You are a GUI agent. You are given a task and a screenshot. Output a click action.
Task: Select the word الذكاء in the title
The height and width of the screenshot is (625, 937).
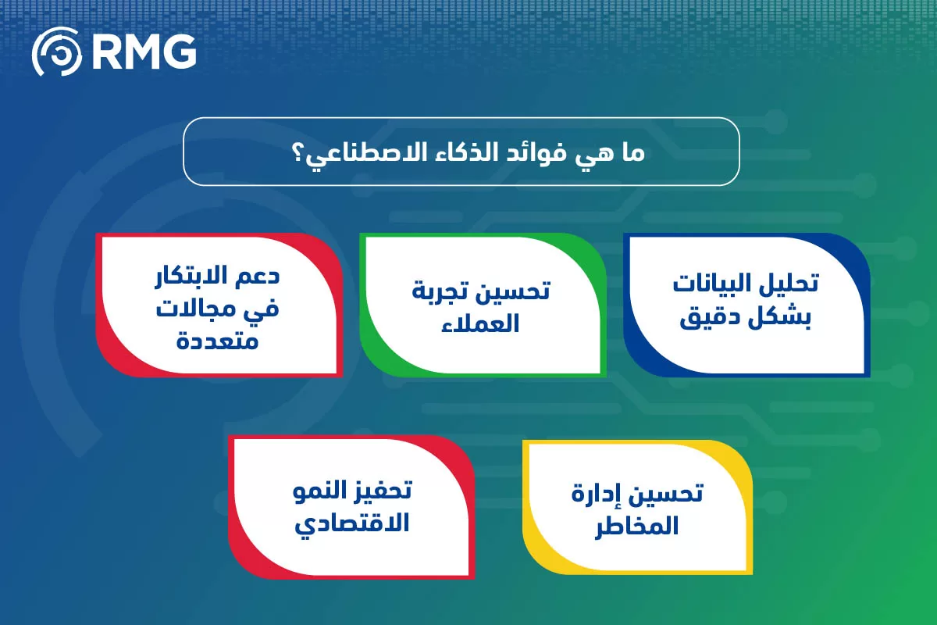pos(454,152)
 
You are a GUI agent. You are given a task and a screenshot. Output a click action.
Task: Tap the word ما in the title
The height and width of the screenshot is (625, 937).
pos(631,152)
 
